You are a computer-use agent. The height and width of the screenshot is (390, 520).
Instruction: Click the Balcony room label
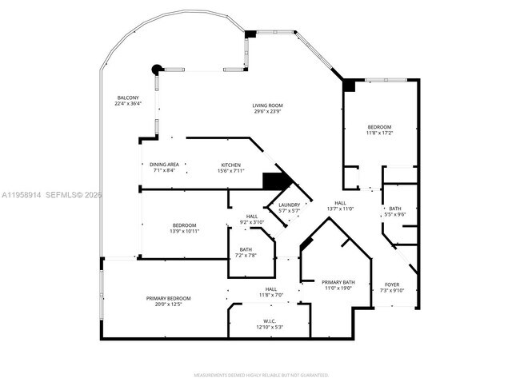coord(128,101)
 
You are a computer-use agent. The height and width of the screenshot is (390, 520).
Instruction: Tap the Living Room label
coord(268,109)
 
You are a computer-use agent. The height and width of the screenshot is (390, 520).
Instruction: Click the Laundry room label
coord(289,208)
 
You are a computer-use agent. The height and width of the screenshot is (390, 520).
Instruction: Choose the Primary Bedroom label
coord(168,301)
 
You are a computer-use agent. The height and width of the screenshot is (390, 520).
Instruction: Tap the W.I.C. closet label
coord(269,324)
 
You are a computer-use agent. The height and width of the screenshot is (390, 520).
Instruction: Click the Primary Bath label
coord(338,285)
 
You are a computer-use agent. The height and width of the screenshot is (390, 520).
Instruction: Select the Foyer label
coord(392,288)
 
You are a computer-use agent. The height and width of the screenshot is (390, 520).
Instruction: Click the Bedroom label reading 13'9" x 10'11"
coord(184,229)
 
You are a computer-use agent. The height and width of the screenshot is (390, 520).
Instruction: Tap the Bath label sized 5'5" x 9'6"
coord(395,212)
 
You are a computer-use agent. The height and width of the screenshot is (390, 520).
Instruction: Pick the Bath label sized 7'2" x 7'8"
coord(246,253)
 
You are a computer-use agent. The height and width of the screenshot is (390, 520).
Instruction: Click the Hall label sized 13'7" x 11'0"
coord(340,206)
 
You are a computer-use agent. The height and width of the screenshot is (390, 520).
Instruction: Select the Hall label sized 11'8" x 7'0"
coord(271,292)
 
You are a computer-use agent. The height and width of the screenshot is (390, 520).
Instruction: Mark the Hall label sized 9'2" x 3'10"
coord(252,220)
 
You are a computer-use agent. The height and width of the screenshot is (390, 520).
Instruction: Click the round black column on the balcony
coord(157,69)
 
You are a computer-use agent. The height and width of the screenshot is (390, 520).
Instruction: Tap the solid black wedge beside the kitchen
coord(274,181)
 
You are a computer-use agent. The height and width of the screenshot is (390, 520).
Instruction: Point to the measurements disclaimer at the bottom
coord(262,374)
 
